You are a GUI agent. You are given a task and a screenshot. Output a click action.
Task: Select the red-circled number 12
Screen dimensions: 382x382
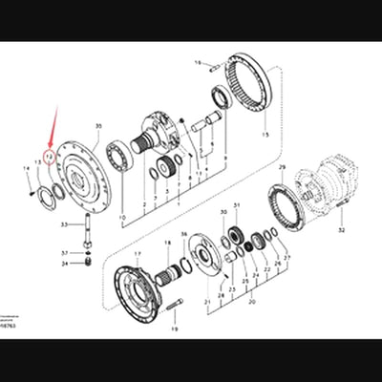click(47, 152)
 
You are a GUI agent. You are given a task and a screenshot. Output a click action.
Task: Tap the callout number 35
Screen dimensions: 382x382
click(97, 126)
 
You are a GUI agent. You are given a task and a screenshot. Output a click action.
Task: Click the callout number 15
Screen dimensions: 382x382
click(265, 137)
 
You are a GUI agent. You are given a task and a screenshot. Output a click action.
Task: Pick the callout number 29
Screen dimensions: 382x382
click(282, 168)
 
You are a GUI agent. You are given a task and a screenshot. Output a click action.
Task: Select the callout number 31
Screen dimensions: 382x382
click(238, 205)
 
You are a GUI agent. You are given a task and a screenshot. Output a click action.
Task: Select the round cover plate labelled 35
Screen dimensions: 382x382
click(87, 178)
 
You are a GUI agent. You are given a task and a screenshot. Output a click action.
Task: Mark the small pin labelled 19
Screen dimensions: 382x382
click(174, 307)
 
